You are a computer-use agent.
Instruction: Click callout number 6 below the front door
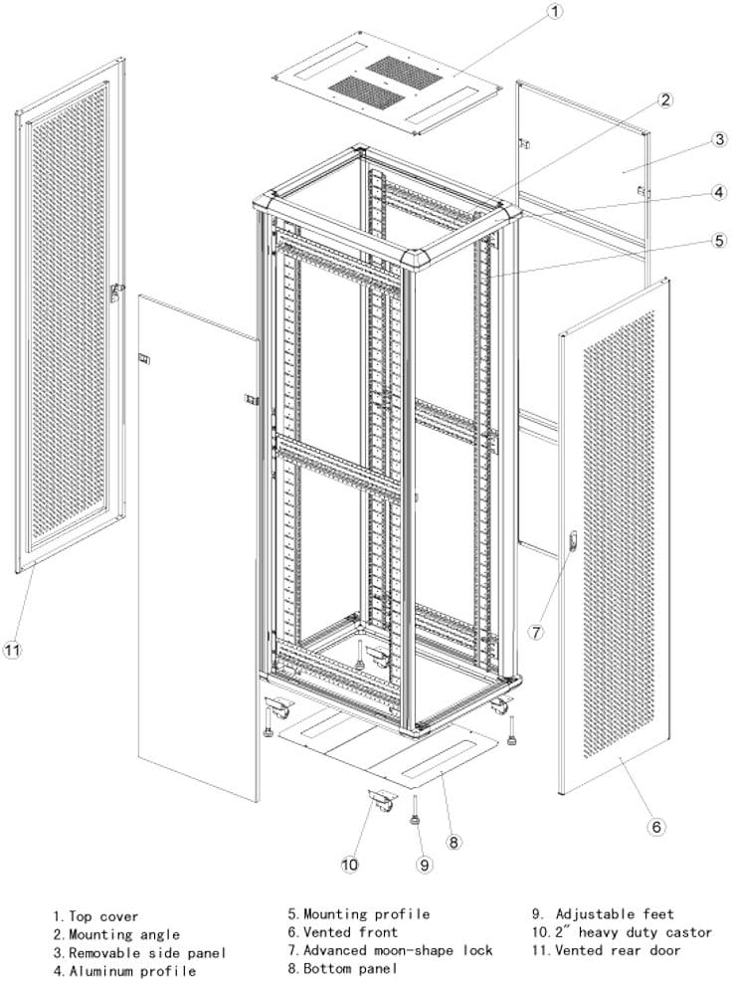(657, 826)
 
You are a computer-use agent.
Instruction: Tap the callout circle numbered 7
(535, 632)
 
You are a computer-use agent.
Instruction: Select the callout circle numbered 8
(453, 842)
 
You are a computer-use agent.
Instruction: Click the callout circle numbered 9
(424, 865)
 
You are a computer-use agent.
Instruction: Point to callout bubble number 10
(349, 865)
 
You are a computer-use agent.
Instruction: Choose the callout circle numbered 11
(12, 651)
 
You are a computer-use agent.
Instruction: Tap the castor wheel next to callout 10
(381, 802)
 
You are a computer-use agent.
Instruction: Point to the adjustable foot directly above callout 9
(415, 814)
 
